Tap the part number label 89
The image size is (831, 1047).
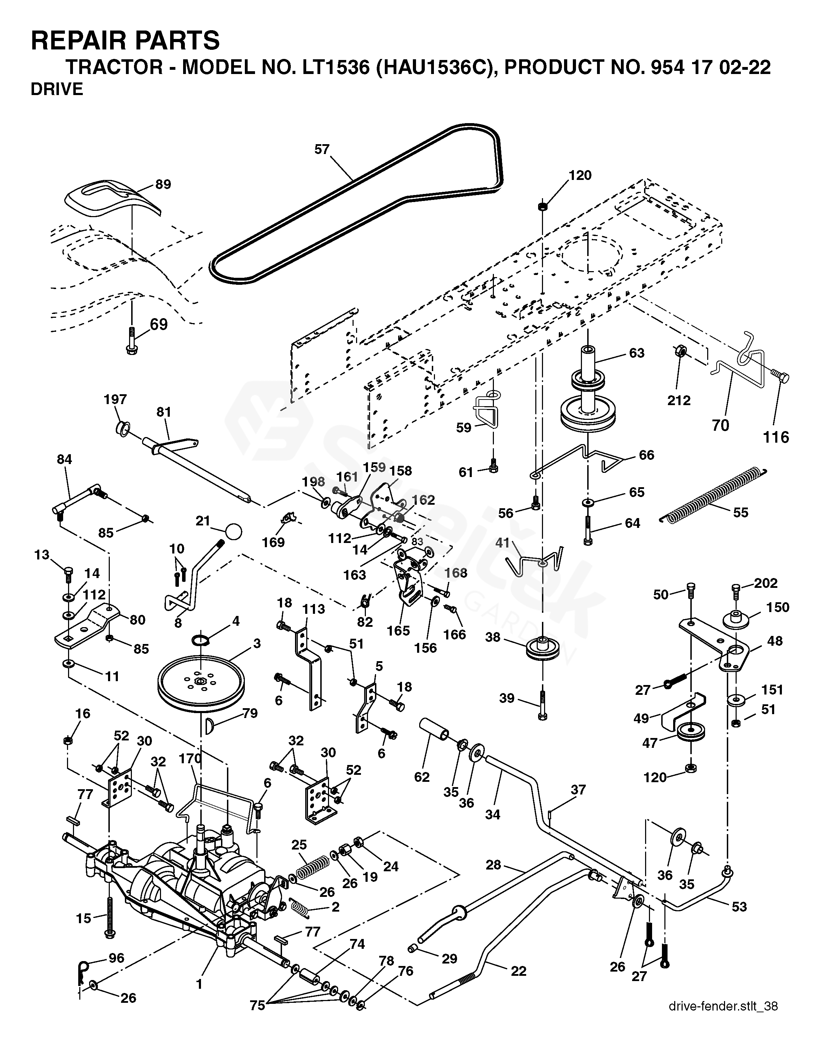(x=163, y=184)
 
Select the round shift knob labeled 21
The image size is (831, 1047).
(x=234, y=531)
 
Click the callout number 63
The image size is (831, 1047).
(x=636, y=353)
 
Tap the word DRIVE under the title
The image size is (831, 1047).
(x=57, y=89)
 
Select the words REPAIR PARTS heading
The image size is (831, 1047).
(x=125, y=40)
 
